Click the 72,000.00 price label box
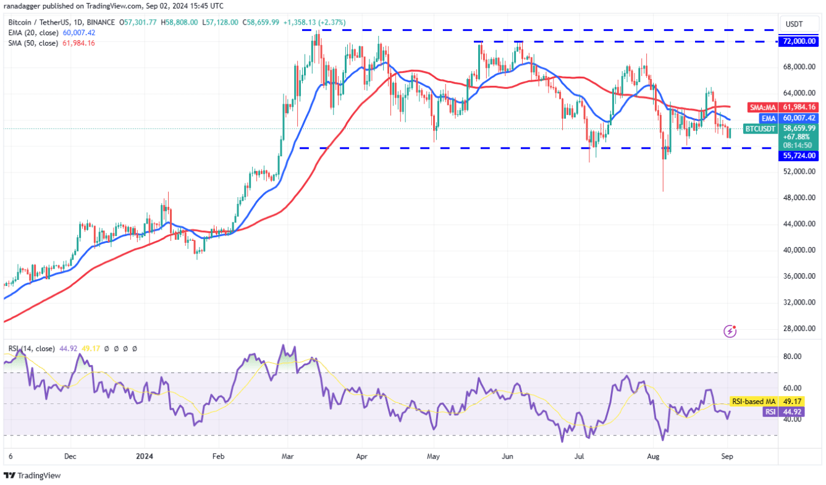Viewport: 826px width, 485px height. [799, 41]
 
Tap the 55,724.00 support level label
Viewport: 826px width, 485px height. [799, 156]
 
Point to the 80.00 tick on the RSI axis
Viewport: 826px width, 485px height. [793, 356]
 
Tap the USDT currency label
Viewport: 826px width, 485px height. [793, 23]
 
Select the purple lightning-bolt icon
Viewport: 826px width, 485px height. [730, 332]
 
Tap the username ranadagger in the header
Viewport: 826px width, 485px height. [25, 6]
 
